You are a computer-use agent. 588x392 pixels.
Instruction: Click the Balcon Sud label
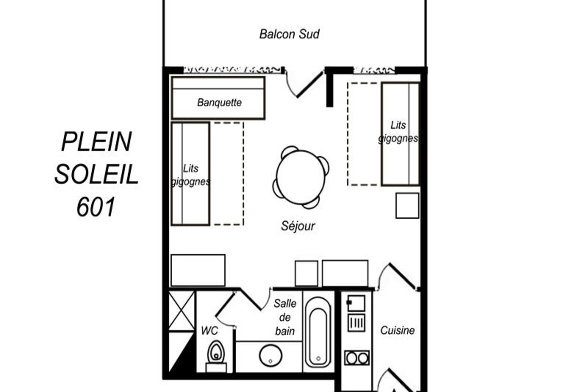point(289,34)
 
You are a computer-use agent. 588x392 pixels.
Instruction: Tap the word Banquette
point(219,103)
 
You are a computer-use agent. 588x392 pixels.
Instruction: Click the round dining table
point(301,177)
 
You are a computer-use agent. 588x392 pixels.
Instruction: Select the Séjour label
point(298,226)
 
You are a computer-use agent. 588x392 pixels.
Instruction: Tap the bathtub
point(318,332)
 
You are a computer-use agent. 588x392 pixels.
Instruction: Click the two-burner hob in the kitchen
point(357,358)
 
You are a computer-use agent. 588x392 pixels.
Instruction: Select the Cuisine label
point(397,331)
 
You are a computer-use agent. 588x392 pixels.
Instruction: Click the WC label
point(209,331)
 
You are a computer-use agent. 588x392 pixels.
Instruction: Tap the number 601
point(96,207)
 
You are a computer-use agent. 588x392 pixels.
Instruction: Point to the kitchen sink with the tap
point(356,303)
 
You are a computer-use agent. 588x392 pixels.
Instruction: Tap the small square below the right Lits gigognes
point(407,206)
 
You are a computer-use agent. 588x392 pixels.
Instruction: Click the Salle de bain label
point(285,317)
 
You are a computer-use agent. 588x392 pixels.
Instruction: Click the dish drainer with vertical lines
point(356,323)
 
